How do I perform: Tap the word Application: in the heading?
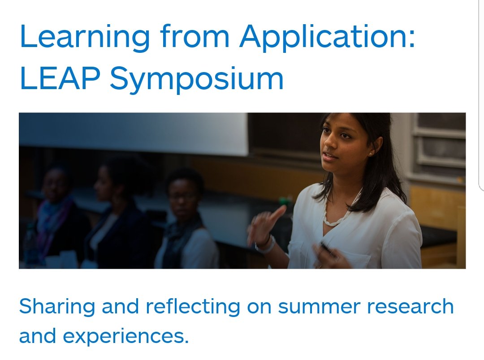tap(327, 38)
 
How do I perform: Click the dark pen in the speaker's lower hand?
tap(326, 249)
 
